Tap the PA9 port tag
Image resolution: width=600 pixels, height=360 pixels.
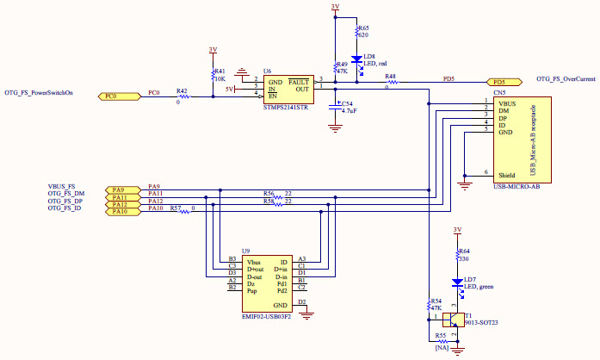pyautogui.click(x=119, y=189)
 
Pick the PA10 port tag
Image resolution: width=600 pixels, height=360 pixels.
pyautogui.click(x=119, y=211)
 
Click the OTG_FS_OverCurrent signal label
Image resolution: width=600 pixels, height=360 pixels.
pyautogui.click(x=566, y=78)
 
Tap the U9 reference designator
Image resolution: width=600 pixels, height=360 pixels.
pyautogui.click(x=246, y=250)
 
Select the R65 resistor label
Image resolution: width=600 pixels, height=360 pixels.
pyautogui.click(x=363, y=28)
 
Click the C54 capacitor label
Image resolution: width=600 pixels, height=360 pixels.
pyautogui.click(x=347, y=103)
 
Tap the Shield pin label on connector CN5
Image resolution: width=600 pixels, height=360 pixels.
pyautogui.click(x=507, y=174)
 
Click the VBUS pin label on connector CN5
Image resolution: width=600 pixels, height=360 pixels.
pyautogui.click(x=509, y=103)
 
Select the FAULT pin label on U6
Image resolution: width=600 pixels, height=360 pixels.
pyautogui.click(x=299, y=80)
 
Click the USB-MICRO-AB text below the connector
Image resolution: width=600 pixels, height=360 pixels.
pyautogui.click(x=516, y=187)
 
